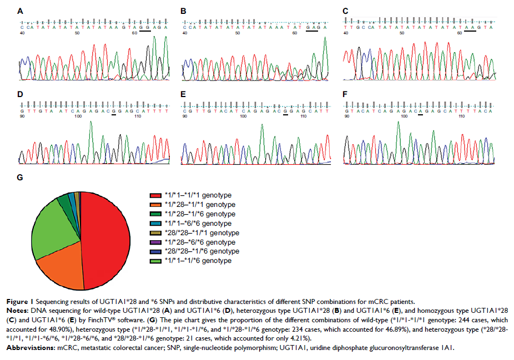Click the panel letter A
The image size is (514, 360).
tap(21, 11)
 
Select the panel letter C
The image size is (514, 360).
tap(346, 11)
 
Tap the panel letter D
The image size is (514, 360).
tap(21, 95)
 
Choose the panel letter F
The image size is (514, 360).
tap(346, 95)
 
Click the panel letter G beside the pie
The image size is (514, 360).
tap(21, 178)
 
